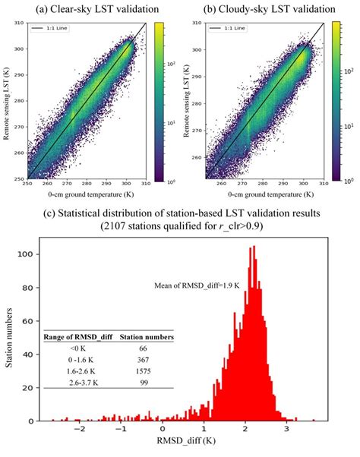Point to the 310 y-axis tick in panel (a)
(19, 24)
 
